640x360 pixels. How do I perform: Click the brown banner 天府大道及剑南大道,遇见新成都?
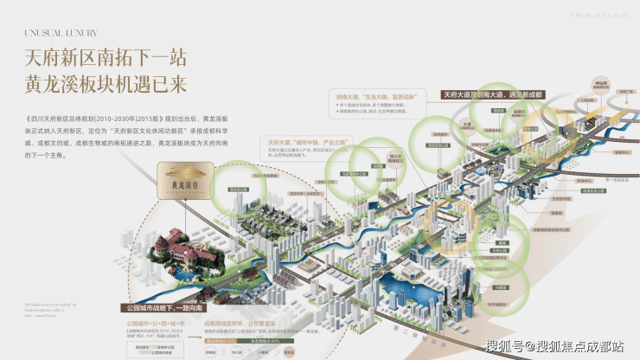click(x=496, y=93)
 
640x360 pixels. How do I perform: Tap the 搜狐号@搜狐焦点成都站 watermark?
click(x=554, y=346)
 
